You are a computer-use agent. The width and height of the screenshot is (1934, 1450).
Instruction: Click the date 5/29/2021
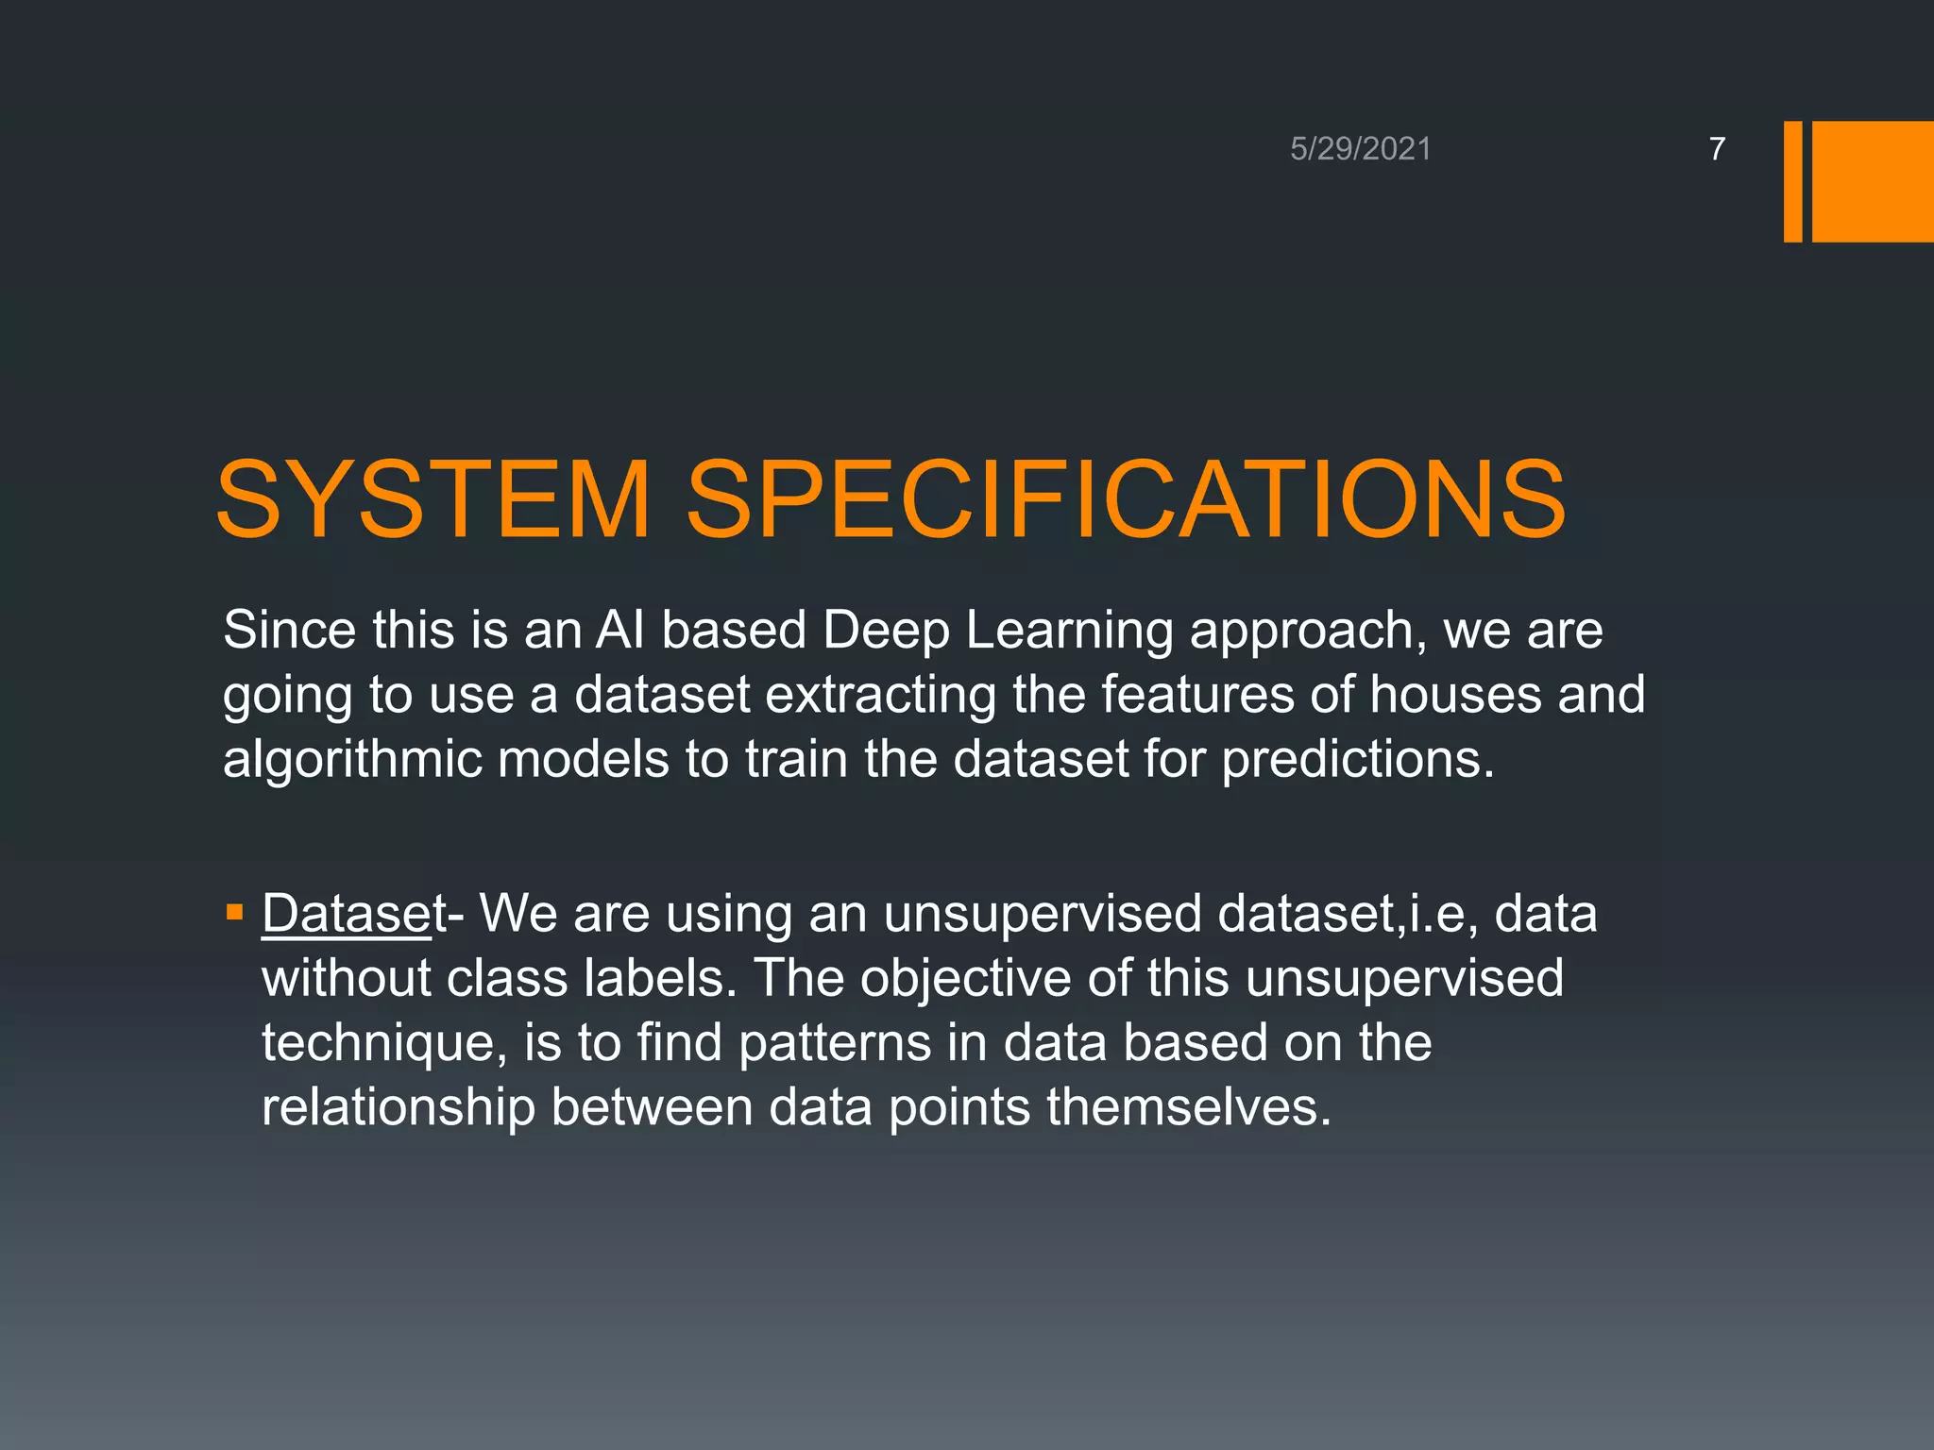[1360, 149]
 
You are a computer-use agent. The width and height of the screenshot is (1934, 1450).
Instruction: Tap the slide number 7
[1717, 149]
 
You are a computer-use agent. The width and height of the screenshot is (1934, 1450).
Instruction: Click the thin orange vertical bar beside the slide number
[1792, 181]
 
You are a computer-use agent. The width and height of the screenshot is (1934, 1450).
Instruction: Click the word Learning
[1068, 632]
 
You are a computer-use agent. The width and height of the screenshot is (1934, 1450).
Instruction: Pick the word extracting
[880, 696]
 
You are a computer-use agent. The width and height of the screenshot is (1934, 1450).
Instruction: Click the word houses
[1455, 694]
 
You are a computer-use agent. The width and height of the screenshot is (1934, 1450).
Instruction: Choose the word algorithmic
[351, 760]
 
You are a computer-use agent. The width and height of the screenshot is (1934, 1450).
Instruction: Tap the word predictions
[1358, 760]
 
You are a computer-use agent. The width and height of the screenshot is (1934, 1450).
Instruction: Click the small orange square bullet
[235, 913]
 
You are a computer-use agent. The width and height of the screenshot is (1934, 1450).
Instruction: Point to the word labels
[660, 978]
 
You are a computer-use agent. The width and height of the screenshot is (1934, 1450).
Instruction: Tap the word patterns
[835, 1044]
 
